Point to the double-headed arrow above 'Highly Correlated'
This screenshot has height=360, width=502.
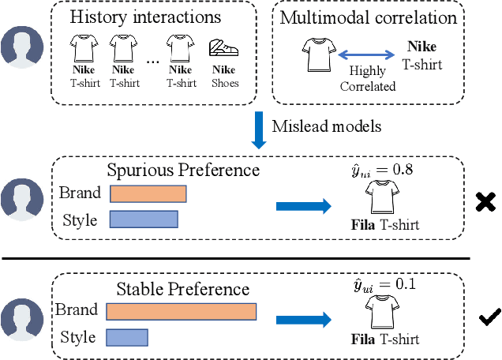point(366,55)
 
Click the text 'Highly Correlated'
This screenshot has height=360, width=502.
point(367,79)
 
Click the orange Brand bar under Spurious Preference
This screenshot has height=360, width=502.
point(148,194)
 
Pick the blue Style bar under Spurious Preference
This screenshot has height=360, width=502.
point(144,218)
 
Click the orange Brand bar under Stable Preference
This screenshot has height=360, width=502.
point(181,311)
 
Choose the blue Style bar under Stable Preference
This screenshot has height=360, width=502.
point(128,337)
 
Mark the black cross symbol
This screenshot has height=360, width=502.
point(485,202)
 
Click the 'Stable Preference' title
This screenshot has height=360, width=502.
point(182,289)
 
